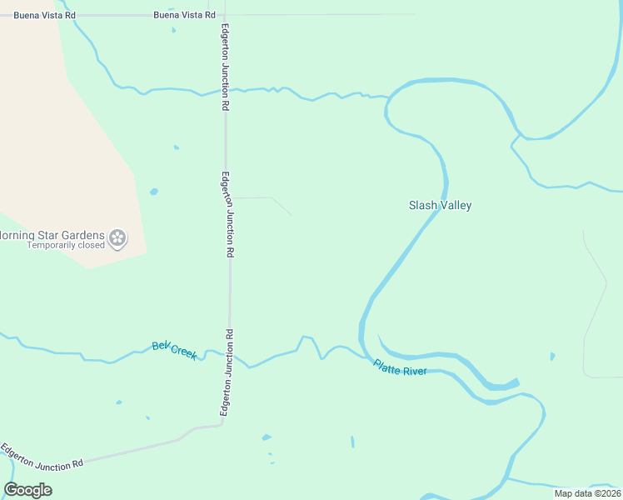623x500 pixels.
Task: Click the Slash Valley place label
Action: (x=440, y=205)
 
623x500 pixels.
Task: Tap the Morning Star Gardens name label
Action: (x=52, y=235)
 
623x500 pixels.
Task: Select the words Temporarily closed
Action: (x=66, y=245)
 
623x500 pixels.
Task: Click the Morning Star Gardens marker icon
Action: (x=118, y=239)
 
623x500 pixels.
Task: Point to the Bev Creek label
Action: (x=174, y=350)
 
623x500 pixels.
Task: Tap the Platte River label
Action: (x=400, y=367)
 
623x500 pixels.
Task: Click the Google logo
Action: (x=28, y=490)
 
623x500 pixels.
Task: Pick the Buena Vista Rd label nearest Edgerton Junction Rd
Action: (x=184, y=15)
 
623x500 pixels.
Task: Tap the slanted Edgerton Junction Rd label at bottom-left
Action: (x=42, y=456)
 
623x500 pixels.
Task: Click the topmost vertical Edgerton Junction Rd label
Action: (x=225, y=67)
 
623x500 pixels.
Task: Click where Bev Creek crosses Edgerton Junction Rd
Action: (x=230, y=355)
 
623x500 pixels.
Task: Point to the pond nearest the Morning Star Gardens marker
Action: (x=154, y=192)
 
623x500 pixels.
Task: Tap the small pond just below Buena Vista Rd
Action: (x=174, y=31)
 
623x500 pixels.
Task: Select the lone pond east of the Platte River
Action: (x=552, y=357)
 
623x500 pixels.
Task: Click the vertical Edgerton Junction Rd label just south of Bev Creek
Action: (x=225, y=372)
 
